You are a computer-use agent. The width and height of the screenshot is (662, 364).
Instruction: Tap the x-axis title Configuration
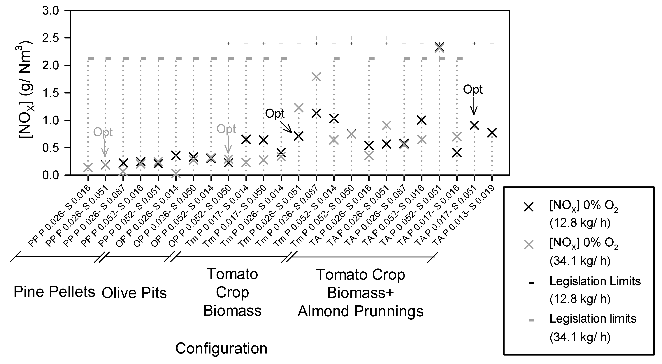coord(221,349)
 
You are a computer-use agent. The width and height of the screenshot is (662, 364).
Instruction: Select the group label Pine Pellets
coord(54,292)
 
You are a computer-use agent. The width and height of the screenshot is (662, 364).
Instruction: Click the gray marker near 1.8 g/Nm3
coord(316,77)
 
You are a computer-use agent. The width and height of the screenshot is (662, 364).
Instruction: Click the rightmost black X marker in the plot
coord(492,133)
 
